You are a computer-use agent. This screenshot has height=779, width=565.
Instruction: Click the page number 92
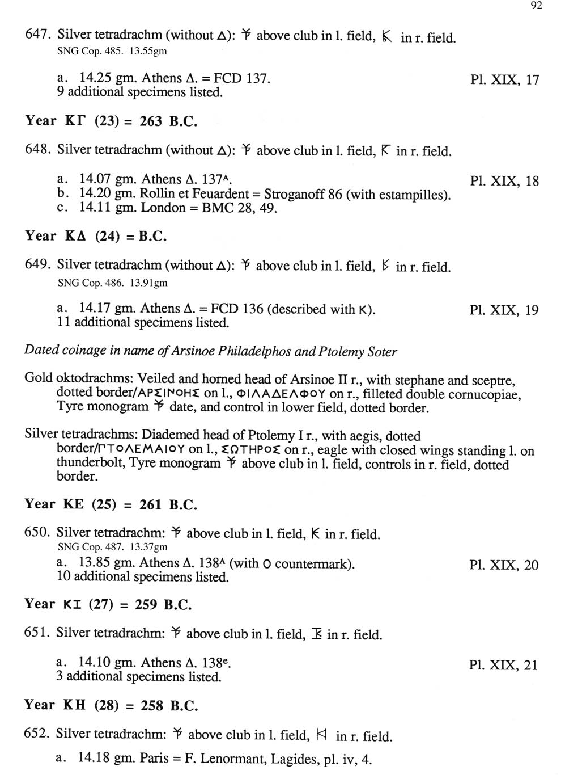(x=537, y=6)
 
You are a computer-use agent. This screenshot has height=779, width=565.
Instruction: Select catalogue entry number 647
(x=39, y=35)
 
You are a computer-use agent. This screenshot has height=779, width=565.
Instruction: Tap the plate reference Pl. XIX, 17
(x=504, y=79)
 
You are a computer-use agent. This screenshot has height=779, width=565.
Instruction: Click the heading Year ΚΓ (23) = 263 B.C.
(x=111, y=121)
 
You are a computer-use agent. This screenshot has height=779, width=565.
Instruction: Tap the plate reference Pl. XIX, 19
(x=504, y=310)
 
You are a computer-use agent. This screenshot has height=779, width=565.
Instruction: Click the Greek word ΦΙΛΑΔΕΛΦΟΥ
(x=287, y=394)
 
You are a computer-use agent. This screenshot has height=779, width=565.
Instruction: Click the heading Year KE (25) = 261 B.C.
(x=111, y=504)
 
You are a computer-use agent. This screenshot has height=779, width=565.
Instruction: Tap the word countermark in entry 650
(x=312, y=564)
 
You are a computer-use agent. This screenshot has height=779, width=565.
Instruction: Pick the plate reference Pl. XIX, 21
(x=503, y=665)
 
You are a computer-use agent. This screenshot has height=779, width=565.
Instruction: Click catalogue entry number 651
(x=38, y=633)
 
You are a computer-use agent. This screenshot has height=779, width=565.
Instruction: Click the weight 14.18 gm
(x=104, y=758)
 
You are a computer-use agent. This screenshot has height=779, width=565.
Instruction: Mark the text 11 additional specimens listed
(x=143, y=323)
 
